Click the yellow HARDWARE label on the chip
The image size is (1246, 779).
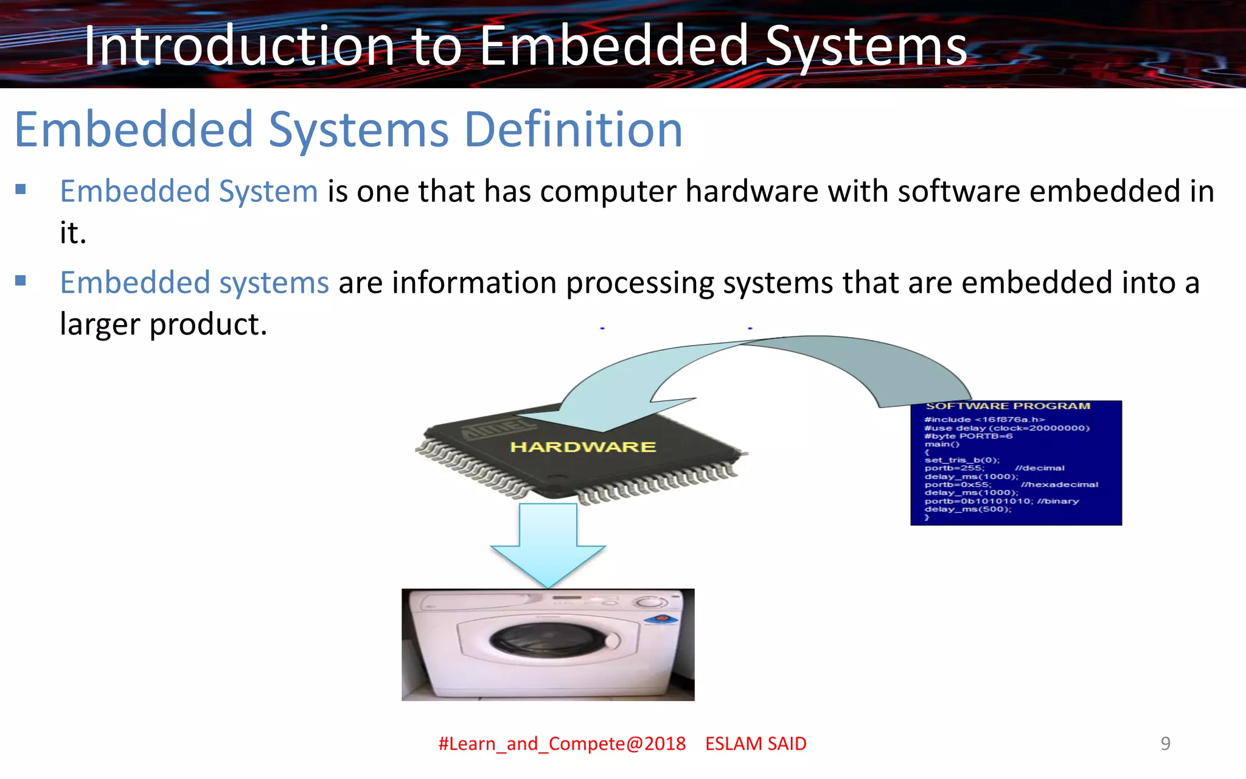(582, 447)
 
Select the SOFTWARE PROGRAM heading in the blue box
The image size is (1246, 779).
(1008, 406)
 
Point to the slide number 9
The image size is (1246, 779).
(1165, 743)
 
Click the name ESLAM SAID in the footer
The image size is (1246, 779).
(756, 744)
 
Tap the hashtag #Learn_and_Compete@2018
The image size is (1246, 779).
(562, 744)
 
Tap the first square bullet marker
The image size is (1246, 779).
(21, 189)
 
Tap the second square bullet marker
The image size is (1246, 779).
(21, 281)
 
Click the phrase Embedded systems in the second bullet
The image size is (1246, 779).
(194, 283)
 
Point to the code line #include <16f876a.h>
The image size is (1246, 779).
(984, 419)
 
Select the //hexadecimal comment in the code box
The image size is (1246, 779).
(1059, 484)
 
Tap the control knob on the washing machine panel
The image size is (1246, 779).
(651, 603)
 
